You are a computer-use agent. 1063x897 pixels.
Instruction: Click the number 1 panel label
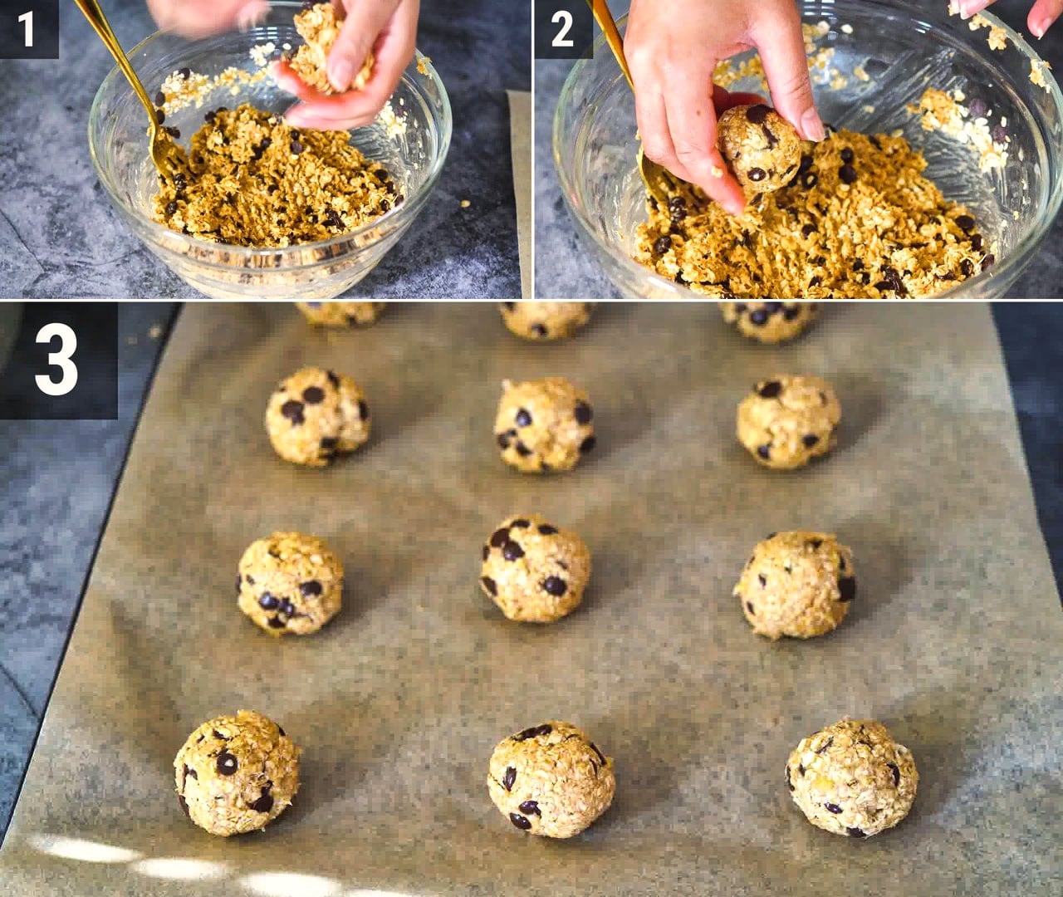27,30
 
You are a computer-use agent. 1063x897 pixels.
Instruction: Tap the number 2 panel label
562,30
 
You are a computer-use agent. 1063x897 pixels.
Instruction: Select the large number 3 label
57,360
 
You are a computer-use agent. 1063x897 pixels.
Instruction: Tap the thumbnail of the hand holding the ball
813,125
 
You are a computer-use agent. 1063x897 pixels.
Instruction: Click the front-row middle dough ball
551,779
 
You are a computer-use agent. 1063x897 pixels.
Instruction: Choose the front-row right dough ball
852,777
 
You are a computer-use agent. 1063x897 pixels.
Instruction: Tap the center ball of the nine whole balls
536,569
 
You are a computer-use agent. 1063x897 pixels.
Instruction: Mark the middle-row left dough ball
290,584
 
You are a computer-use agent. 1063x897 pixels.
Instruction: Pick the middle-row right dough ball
794,585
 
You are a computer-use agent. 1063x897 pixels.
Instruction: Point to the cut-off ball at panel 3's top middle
545,320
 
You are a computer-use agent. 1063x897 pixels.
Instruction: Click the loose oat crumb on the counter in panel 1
465,203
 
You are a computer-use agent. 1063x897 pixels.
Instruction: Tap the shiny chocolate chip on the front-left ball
227,762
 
